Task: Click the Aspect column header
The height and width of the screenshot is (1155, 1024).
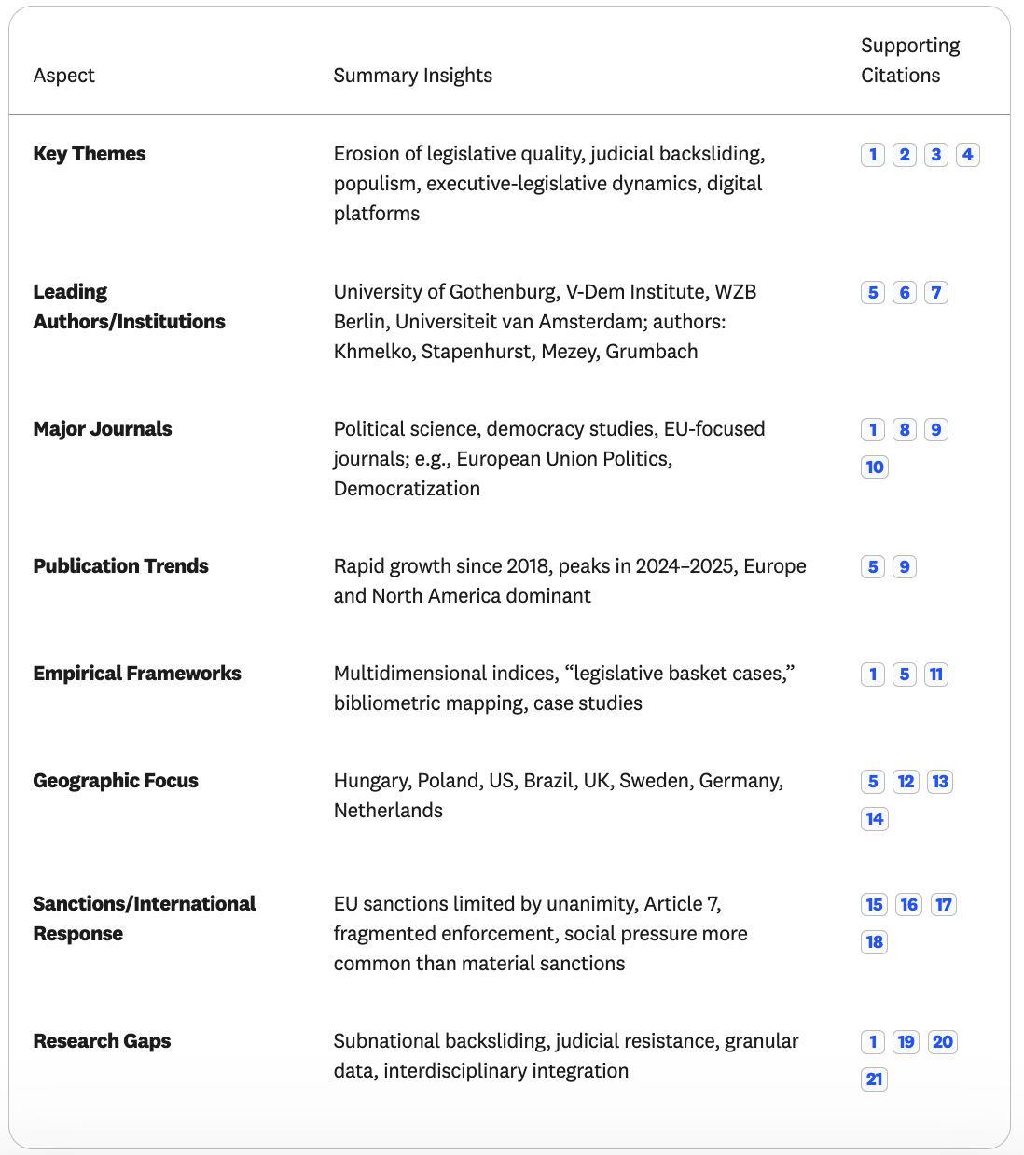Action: (x=63, y=76)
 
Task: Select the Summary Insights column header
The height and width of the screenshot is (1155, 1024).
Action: (x=412, y=76)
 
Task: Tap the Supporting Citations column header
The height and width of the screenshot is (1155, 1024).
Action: (x=909, y=61)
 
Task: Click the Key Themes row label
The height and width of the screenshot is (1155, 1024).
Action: (x=90, y=154)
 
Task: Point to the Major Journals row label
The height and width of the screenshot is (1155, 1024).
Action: (x=103, y=429)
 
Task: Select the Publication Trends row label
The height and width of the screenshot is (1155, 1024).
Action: (x=120, y=566)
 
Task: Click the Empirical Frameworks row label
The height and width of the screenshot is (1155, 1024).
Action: (x=137, y=674)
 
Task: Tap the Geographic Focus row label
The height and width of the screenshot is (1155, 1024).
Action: (x=116, y=781)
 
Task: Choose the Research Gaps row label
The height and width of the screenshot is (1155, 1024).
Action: (x=102, y=1041)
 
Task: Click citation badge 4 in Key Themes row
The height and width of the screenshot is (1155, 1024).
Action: (x=968, y=155)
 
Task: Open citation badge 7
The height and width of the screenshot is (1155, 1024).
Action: (x=936, y=293)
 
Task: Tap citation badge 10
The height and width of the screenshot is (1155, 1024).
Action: (x=875, y=467)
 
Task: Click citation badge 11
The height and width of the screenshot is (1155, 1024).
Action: (x=936, y=675)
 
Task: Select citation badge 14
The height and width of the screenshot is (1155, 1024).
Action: (x=875, y=819)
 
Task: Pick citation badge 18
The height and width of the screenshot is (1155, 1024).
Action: (x=875, y=942)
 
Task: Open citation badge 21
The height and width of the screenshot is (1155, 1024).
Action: (x=874, y=1079)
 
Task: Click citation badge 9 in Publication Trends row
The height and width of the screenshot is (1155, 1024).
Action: (x=905, y=567)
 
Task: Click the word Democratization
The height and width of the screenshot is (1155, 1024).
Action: (x=407, y=489)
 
